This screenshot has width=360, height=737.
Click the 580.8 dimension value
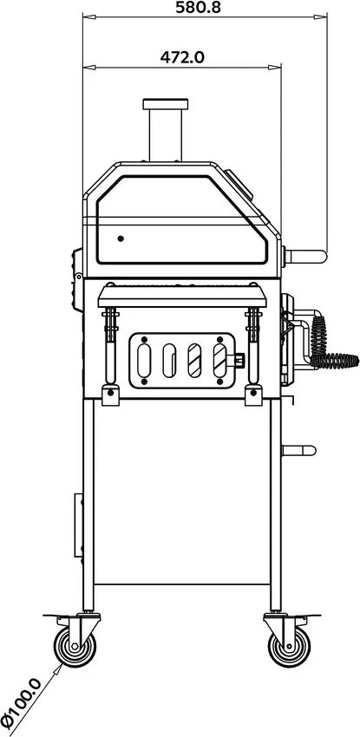[198, 7]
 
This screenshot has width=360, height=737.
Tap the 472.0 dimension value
[182, 57]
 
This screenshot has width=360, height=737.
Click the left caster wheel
[75, 646]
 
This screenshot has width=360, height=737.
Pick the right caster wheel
[289, 646]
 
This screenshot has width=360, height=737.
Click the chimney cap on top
[166, 104]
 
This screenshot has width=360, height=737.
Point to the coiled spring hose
[329, 345]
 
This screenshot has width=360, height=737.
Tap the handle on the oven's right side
[305, 257]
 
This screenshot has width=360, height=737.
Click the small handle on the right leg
[299, 450]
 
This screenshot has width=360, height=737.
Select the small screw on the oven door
[121, 238]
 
